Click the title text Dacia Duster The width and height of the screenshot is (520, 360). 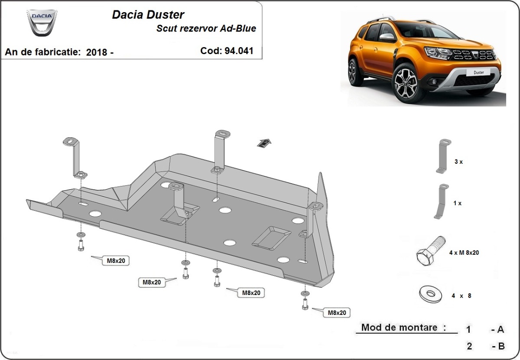[148, 15]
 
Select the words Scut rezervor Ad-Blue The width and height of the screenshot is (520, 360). [206, 29]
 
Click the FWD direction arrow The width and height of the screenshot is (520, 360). [264, 143]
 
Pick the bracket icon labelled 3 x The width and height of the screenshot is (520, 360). [442, 156]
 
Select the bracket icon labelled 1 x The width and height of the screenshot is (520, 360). [441, 201]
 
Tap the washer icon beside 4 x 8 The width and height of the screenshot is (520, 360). [431, 295]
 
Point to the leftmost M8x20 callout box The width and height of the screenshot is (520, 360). [115, 260]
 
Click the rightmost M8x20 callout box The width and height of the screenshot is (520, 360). [337, 312]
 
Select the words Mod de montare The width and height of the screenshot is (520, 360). [403, 328]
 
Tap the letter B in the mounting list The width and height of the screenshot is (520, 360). [501, 346]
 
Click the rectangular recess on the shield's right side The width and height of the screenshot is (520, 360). [272, 237]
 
